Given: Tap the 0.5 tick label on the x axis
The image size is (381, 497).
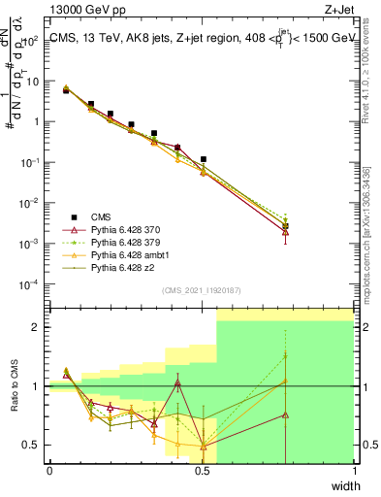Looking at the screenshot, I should [x=202, y=472].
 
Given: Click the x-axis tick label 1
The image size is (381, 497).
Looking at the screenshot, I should [x=354, y=472].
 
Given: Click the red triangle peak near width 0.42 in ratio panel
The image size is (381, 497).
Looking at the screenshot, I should [x=177, y=382].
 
